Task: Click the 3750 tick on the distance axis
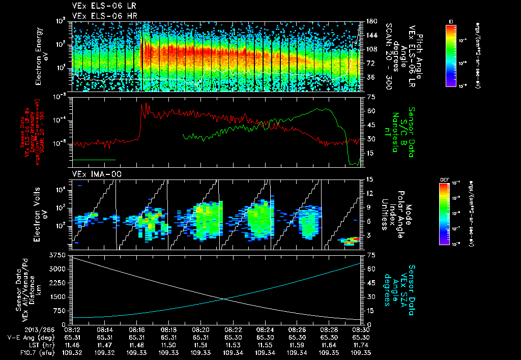pos(59,254)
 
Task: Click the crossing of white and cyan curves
pos(223,299)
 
